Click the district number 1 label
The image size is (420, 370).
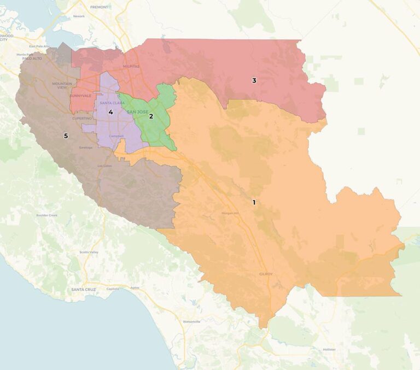click(254, 202)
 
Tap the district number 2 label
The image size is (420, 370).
click(151, 116)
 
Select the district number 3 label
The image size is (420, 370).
click(254, 81)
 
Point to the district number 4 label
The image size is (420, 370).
click(110, 112)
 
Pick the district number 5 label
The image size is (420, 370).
click(66, 136)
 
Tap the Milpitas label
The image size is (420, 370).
click(131, 66)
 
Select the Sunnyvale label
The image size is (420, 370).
click(80, 96)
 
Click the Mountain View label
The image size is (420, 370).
click(61, 85)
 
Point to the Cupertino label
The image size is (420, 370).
click(82, 118)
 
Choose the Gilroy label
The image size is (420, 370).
click(265, 274)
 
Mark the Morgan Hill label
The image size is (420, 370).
click(230, 213)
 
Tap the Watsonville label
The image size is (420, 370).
click(191, 321)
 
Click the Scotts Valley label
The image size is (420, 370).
click(89, 252)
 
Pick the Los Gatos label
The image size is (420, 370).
click(104, 166)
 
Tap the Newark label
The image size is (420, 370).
click(79, 16)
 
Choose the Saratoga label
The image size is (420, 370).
click(86, 148)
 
